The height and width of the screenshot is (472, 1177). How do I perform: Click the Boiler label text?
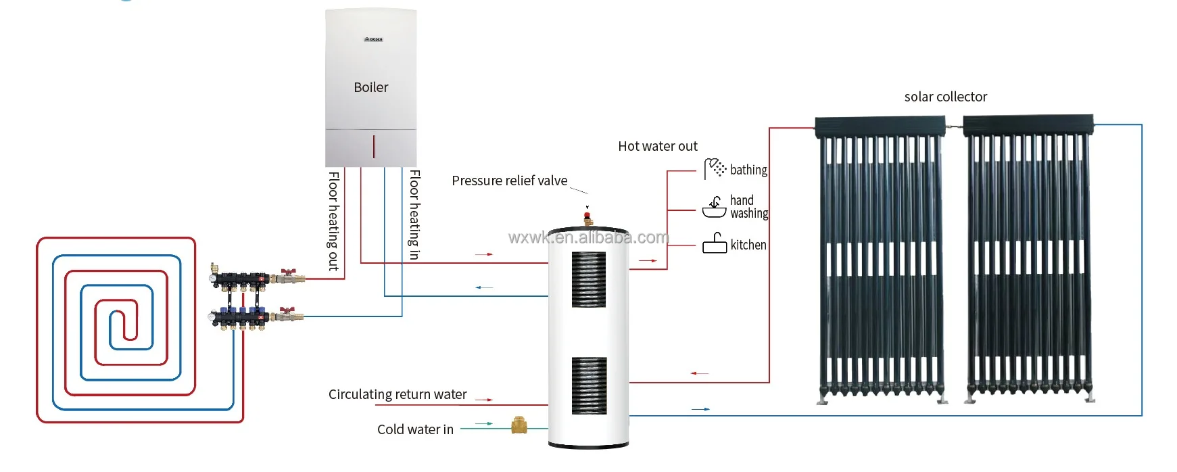pyautogui.click(x=371, y=87)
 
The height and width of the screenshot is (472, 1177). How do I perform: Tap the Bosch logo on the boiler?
pyautogui.click(x=373, y=39)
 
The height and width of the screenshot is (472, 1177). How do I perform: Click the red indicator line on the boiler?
pyautogui.click(x=374, y=146)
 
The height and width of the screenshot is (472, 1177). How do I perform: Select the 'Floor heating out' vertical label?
pyautogui.click(x=333, y=221)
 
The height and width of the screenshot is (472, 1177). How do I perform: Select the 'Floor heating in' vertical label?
pyautogui.click(x=414, y=215)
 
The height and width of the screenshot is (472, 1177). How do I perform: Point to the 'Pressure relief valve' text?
pyautogui.click(x=509, y=181)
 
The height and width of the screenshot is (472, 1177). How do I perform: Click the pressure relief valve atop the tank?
pyautogui.click(x=588, y=218)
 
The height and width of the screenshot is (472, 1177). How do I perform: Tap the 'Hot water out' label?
pyautogui.click(x=657, y=146)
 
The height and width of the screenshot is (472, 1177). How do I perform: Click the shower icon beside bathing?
pyautogui.click(x=715, y=168)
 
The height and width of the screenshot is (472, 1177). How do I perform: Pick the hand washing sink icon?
pyautogui.click(x=715, y=207)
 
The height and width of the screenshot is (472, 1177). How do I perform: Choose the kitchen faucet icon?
pyautogui.click(x=715, y=243)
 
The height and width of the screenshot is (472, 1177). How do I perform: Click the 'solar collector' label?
pyautogui.click(x=945, y=97)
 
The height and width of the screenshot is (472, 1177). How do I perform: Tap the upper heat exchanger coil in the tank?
pyautogui.click(x=589, y=279)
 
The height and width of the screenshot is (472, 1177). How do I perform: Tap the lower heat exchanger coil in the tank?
pyautogui.click(x=589, y=385)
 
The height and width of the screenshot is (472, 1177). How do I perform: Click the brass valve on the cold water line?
pyautogui.click(x=519, y=425)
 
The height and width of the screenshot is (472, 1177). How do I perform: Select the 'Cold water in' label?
pyautogui.click(x=415, y=429)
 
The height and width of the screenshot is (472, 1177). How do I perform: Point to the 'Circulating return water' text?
pyautogui.click(x=398, y=394)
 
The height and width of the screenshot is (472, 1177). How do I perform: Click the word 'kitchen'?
pyautogui.click(x=748, y=245)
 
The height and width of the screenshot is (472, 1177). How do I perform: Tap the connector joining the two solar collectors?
pyautogui.click(x=954, y=126)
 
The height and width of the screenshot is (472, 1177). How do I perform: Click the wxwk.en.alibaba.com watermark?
pyautogui.click(x=588, y=237)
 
